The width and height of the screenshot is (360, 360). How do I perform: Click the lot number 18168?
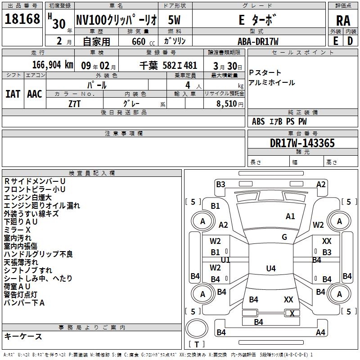point(22,19)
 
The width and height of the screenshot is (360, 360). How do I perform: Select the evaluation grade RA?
point(343,21)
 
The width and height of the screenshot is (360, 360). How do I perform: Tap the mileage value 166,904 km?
point(53,65)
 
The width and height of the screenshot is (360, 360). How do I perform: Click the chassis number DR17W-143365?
point(302,143)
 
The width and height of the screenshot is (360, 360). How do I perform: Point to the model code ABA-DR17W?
point(258,41)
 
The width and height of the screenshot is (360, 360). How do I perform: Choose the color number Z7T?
point(74,104)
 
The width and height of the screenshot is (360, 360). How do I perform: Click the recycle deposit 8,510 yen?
point(229,104)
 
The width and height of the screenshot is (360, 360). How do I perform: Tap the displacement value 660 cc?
point(143,41)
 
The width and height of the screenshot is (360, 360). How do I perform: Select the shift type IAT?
point(13,94)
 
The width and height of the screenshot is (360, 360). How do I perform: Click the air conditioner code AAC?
point(35,94)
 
